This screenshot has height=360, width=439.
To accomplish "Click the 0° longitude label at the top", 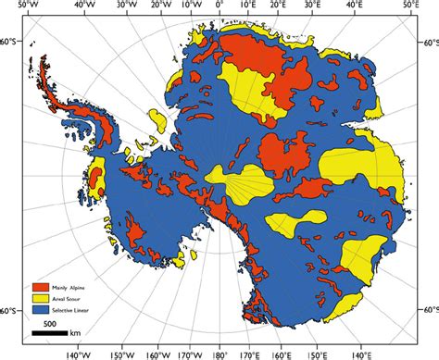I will pyautogui.click(x=219, y=6).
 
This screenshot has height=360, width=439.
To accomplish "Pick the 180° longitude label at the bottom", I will pyautogui.click(x=219, y=354).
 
